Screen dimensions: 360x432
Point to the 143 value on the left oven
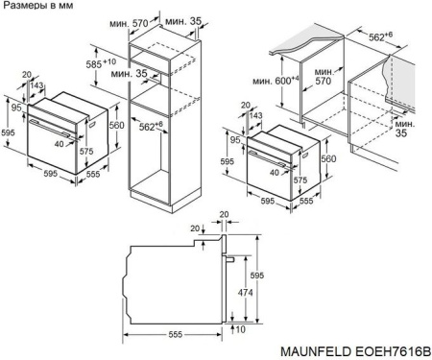(37, 86)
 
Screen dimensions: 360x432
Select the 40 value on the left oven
(60, 144)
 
